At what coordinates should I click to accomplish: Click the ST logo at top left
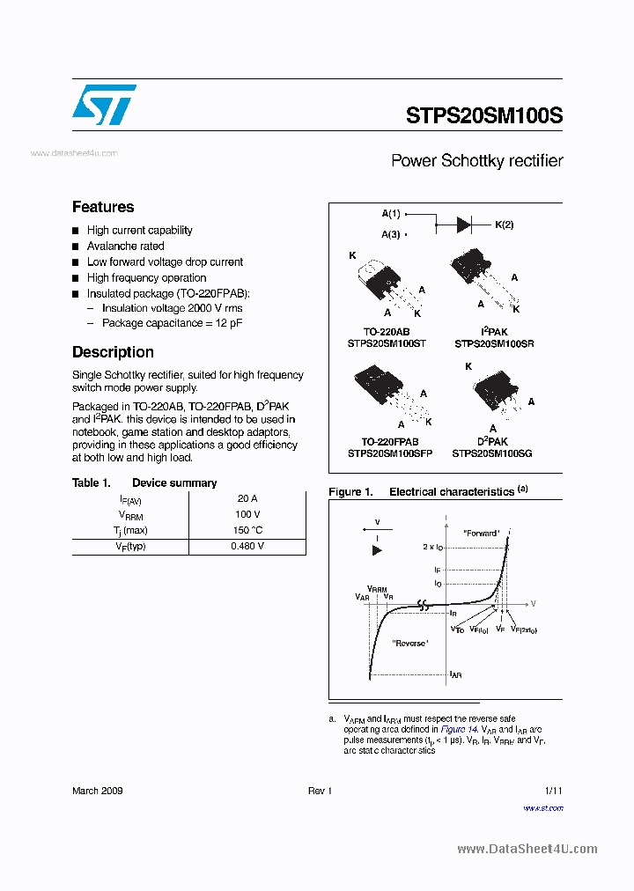(x=104, y=105)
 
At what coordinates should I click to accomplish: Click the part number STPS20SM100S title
(x=484, y=115)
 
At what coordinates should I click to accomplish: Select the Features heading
(x=103, y=207)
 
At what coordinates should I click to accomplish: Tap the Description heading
(x=113, y=352)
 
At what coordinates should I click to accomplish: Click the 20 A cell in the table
(x=247, y=498)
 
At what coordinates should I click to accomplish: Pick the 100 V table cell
(x=247, y=514)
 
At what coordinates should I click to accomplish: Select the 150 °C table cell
(x=247, y=530)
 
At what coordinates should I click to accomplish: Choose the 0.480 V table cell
(x=247, y=546)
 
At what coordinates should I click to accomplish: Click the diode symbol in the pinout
(x=463, y=225)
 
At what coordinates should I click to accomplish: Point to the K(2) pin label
(x=504, y=225)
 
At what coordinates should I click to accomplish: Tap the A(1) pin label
(x=391, y=214)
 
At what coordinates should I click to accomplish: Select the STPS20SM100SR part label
(x=493, y=343)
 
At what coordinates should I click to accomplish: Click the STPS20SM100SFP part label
(x=389, y=453)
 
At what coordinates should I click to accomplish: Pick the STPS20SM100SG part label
(x=492, y=453)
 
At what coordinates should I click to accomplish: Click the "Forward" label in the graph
(x=480, y=533)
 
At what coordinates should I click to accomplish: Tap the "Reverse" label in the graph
(x=409, y=644)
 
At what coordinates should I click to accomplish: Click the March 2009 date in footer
(x=97, y=791)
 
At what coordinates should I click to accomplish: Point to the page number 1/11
(x=553, y=791)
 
